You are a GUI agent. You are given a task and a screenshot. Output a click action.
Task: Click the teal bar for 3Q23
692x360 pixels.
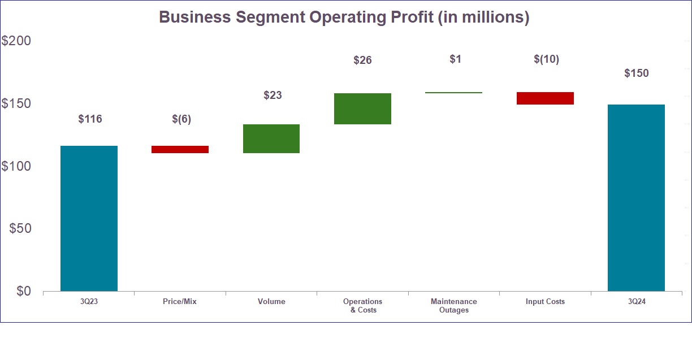[x=89, y=218]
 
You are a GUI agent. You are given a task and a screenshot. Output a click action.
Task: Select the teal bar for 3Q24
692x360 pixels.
[x=636, y=198]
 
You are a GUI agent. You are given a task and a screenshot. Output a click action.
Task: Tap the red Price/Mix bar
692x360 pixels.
[x=180, y=149]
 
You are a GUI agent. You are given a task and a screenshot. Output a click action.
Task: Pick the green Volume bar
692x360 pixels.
[x=271, y=138]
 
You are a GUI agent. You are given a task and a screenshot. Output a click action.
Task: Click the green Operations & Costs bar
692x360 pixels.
[x=362, y=109]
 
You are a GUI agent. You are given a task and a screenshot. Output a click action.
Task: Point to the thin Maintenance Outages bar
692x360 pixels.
[x=453, y=92]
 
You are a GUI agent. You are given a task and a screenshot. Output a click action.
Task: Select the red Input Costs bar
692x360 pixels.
[x=545, y=98]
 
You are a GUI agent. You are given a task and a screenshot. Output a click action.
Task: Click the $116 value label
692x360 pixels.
[x=90, y=119]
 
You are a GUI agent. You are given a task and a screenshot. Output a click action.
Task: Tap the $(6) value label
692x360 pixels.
[x=181, y=119]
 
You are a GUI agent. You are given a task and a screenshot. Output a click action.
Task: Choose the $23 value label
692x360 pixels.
[x=273, y=96]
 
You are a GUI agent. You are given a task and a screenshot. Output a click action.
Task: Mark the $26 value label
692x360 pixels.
[x=362, y=60]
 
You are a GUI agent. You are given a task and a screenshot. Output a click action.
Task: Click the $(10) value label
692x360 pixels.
[x=546, y=59]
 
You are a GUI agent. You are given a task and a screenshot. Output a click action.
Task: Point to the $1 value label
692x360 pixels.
[x=455, y=59]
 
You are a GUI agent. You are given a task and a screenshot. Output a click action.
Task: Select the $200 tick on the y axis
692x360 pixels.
[x=16, y=41]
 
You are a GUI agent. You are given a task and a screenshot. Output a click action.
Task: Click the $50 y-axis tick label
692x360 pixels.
[x=20, y=229]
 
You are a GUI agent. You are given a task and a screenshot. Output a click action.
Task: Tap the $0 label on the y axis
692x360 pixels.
[x=24, y=291]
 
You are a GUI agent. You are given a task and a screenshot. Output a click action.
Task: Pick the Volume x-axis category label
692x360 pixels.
[x=271, y=302]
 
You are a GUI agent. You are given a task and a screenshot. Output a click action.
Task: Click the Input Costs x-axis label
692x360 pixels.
[x=545, y=302]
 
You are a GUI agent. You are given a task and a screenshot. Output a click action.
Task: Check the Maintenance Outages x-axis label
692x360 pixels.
[x=453, y=306]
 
